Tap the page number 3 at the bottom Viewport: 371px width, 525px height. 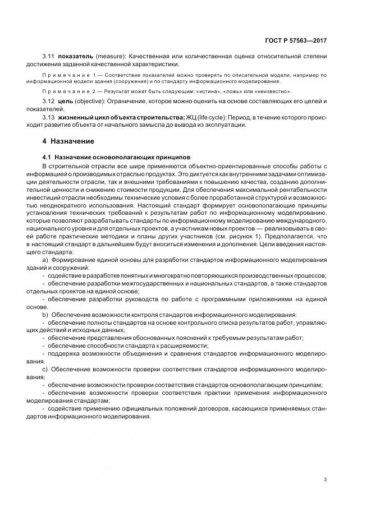point(325,479)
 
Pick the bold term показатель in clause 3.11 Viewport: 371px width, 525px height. point(75,56)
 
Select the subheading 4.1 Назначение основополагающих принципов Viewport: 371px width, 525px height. point(117,158)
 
